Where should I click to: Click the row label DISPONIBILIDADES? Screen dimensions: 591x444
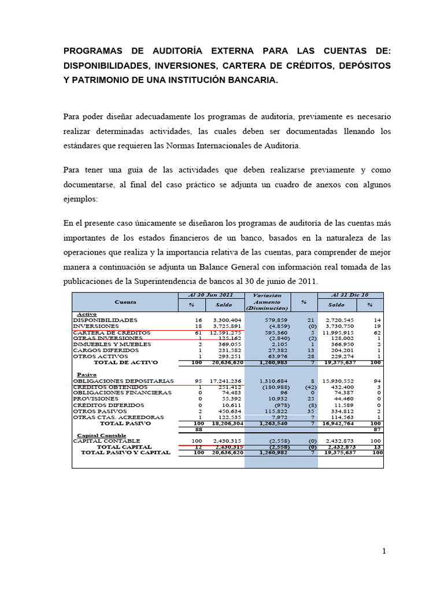(x=105, y=320)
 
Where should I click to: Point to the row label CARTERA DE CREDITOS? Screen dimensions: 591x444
(x=112, y=332)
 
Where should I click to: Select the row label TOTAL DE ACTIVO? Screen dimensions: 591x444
(x=125, y=362)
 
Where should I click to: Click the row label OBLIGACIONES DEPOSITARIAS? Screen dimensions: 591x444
(x=123, y=381)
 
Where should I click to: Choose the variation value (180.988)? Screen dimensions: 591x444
(x=267, y=387)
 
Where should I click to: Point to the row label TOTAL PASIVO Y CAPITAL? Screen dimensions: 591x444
(x=125, y=452)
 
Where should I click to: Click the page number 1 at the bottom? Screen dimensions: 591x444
(x=383, y=551)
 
